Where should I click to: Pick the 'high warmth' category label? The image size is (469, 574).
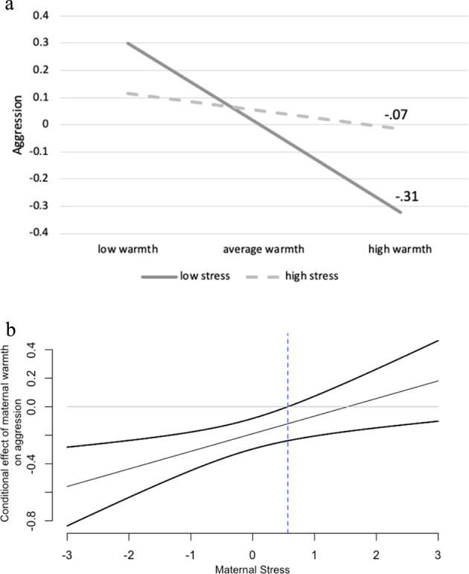(x=401, y=247)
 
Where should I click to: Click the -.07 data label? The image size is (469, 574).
(x=396, y=116)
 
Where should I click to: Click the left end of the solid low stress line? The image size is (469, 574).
(x=127, y=43)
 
